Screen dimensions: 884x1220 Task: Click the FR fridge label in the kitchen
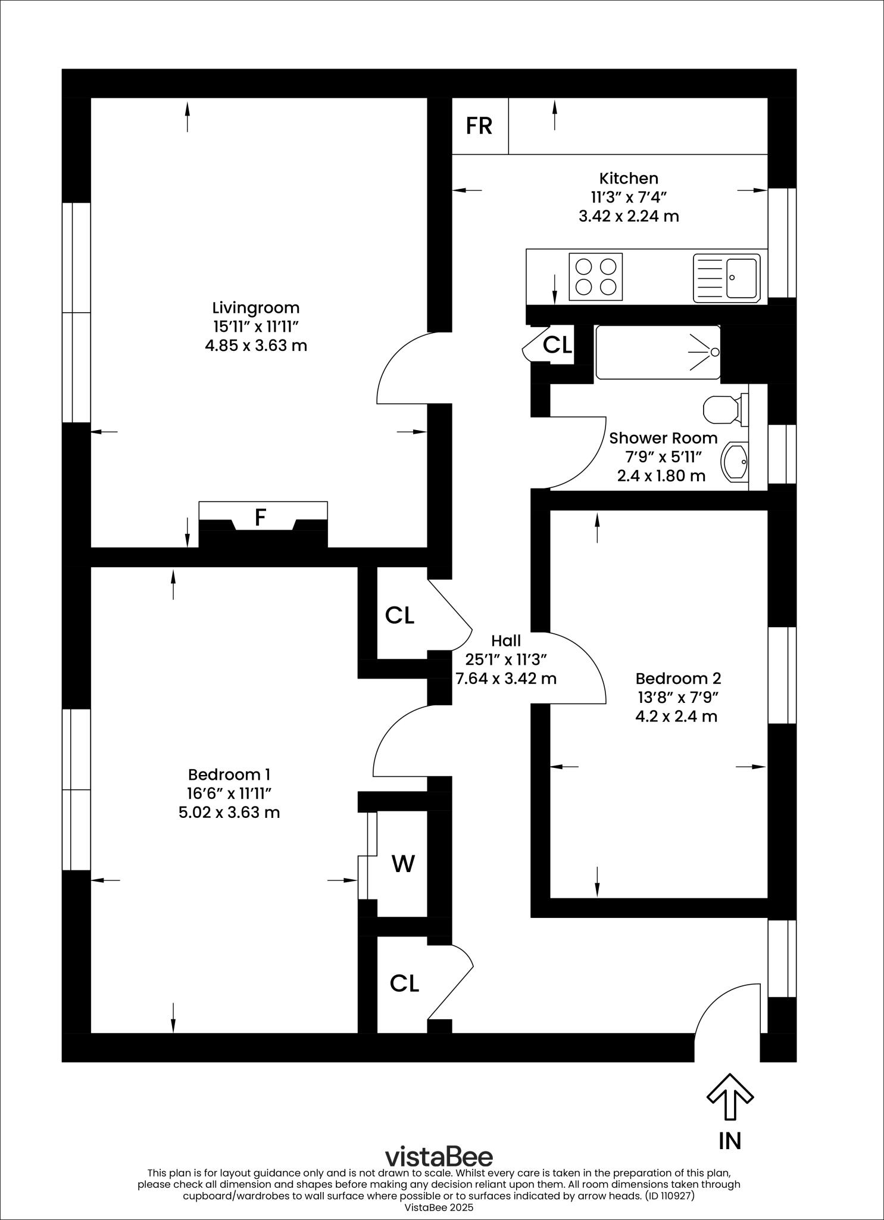coord(479,126)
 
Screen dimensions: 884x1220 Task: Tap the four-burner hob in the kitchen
coord(596,276)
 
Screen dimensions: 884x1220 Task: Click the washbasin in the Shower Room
coord(735,462)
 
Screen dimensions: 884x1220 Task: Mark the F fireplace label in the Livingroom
coord(260,518)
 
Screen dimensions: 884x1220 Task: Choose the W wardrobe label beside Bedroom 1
coord(403,863)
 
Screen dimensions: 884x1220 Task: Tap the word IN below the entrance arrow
coord(730,1141)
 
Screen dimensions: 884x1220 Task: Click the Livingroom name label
coord(256,308)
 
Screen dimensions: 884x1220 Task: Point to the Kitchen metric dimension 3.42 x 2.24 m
coord(629,216)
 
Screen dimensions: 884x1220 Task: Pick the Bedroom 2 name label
coord(678,678)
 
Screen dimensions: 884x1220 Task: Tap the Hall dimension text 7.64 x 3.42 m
coord(506,678)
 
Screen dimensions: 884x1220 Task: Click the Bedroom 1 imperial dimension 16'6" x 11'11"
coord(229,793)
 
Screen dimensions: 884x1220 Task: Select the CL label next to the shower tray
coord(558,344)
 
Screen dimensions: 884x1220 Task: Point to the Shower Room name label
coord(663,438)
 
